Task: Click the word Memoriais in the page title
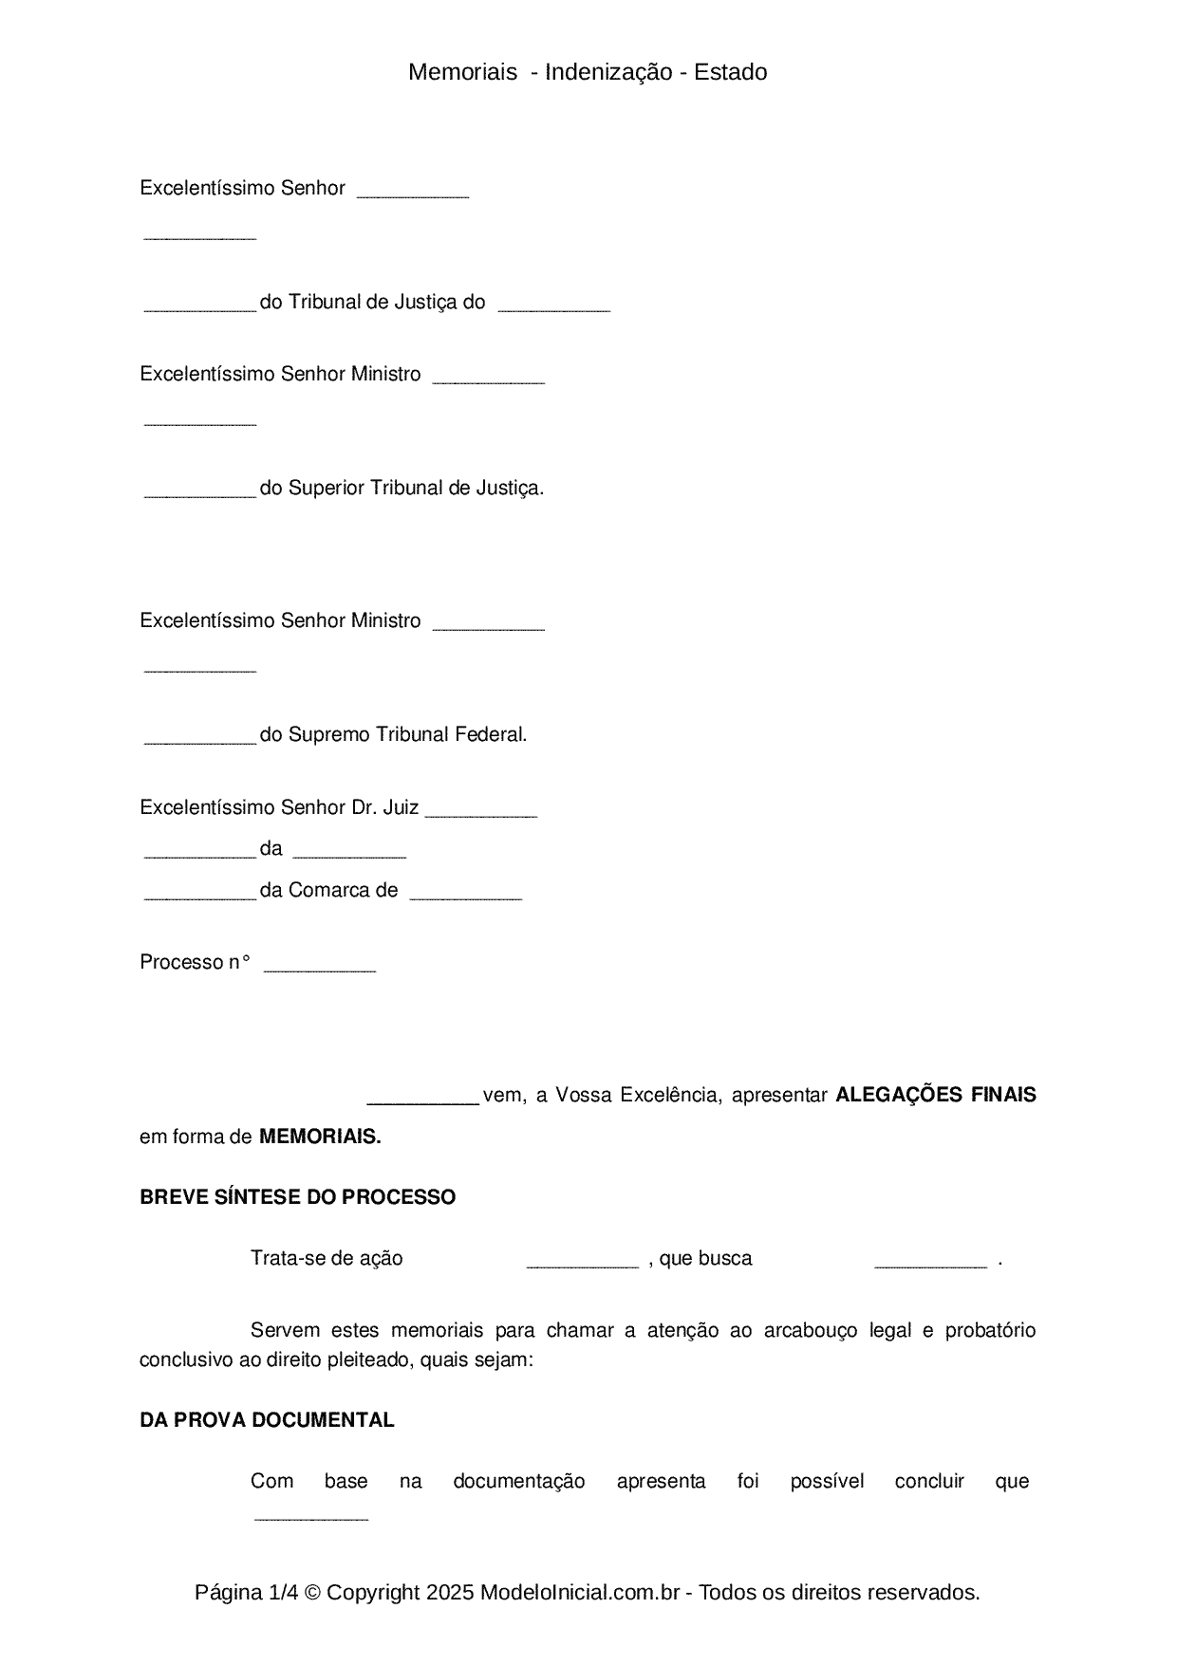[462, 72]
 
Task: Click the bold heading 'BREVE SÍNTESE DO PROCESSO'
[297, 1197]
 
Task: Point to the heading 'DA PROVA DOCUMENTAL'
[267, 1420]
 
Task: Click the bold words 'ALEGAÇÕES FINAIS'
[935, 1095]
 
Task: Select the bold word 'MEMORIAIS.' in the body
[320, 1137]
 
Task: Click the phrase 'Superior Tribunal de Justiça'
[415, 488]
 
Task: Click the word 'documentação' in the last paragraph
[518, 1481]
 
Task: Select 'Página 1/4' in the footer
[246, 1592]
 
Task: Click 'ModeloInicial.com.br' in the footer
[579, 1592]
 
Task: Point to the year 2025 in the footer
[450, 1592]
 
